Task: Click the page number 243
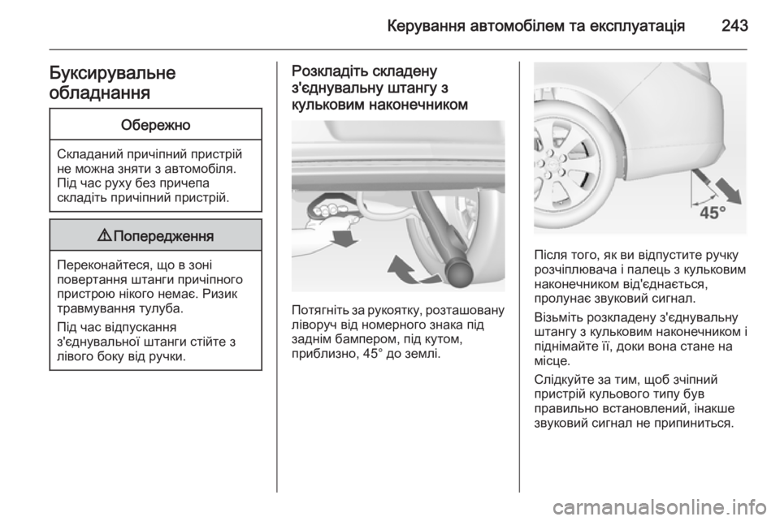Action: point(734,25)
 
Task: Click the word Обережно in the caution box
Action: point(156,125)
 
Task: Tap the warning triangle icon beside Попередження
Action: point(105,235)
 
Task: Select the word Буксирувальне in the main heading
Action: point(112,73)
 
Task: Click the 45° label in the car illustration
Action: point(713,213)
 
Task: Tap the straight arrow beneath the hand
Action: point(344,238)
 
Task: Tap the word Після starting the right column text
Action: point(550,256)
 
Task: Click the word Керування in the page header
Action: point(424,25)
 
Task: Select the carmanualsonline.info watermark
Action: point(659,507)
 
